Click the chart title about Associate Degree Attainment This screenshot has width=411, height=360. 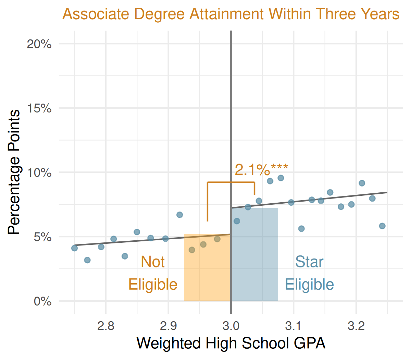(231, 14)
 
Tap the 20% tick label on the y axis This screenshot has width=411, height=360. (39, 44)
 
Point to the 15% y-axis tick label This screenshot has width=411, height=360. (39, 108)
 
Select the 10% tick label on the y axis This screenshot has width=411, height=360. (39, 172)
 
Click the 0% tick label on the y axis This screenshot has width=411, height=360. (42, 301)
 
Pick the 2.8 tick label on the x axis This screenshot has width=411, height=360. (106, 326)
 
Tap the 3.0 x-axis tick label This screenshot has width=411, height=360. (231, 326)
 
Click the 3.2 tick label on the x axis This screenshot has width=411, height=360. (356, 326)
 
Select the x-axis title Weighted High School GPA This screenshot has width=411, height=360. (231, 343)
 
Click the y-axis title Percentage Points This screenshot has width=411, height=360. (14, 172)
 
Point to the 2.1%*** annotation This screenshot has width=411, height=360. (261, 170)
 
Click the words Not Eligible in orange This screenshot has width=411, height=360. (153, 273)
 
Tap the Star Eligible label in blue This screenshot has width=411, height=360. (309, 273)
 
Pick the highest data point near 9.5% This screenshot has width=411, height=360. (281, 178)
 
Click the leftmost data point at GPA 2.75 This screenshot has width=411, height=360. (75, 248)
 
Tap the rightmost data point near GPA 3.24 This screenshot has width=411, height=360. (382, 226)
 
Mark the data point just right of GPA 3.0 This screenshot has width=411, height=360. (237, 221)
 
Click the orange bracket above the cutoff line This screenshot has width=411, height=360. (231, 182)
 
